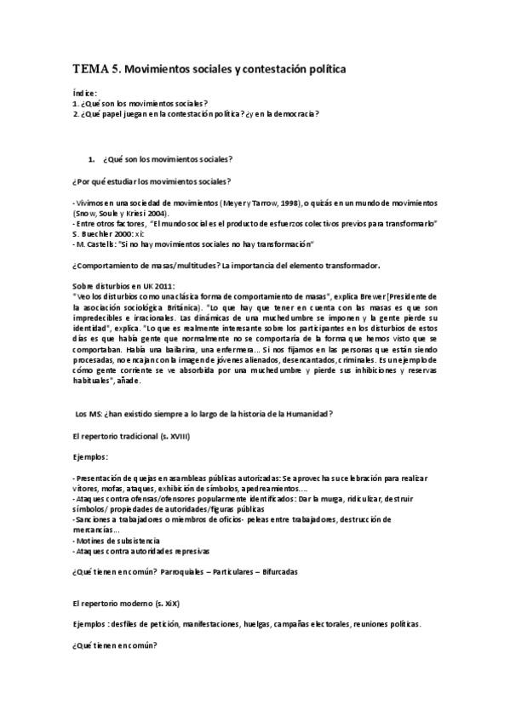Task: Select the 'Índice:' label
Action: pos(84,93)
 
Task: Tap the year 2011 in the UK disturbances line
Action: pos(142,285)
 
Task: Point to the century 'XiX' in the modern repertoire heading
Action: pos(167,602)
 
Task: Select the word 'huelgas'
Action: pos(260,623)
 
